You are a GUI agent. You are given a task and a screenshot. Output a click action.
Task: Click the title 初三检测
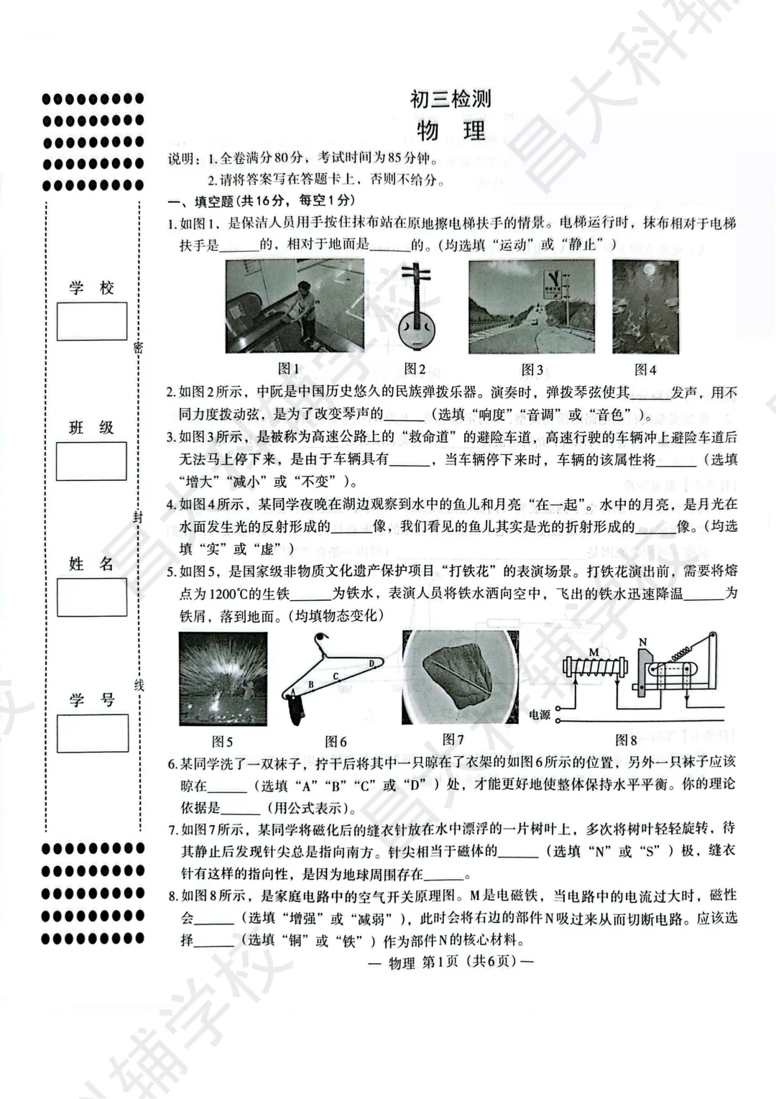[x=451, y=98]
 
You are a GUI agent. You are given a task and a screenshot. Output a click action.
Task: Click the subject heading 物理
[x=451, y=132]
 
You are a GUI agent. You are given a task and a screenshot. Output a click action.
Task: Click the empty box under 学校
[x=92, y=321]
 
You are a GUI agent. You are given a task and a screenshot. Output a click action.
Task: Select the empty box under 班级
[x=92, y=461]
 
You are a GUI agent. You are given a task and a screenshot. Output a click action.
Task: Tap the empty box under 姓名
[x=92, y=597]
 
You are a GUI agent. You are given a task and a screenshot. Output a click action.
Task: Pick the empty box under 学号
[x=92, y=732]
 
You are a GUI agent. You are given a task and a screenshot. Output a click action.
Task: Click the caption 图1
[x=288, y=369]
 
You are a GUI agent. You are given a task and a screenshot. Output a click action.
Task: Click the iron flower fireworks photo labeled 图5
[x=223, y=678]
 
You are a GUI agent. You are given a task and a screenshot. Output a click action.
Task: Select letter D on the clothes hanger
[x=371, y=663]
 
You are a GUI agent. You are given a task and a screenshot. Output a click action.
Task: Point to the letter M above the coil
[x=593, y=651]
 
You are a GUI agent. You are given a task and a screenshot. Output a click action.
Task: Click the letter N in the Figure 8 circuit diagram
[x=642, y=642]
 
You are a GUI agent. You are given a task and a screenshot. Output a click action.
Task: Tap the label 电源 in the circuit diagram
[x=540, y=714]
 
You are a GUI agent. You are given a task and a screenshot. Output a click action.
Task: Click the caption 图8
[x=626, y=740]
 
